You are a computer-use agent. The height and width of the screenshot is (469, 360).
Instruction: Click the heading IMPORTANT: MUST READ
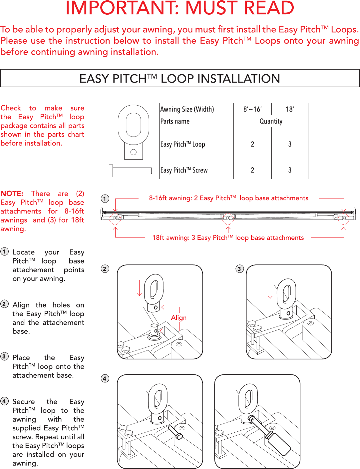point(180,9)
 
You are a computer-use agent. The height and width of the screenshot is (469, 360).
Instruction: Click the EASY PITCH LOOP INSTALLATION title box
point(180,79)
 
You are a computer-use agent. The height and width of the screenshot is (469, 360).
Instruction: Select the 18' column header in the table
point(290,109)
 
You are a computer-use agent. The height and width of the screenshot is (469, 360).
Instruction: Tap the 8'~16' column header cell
point(252,109)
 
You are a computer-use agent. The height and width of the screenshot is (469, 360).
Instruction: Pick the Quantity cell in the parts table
point(271,121)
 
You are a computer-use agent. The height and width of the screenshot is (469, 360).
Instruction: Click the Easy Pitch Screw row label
point(184,170)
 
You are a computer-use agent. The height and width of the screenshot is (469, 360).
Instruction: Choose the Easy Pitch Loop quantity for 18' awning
point(290,144)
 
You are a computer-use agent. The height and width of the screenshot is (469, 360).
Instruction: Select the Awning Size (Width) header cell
point(187,109)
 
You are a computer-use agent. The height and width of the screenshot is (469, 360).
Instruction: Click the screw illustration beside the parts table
point(131,171)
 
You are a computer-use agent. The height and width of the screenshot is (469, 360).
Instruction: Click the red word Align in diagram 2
point(179,317)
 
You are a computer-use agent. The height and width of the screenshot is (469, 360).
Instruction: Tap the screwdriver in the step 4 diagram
point(270,436)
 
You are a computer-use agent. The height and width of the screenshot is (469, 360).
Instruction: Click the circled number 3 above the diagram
point(239,269)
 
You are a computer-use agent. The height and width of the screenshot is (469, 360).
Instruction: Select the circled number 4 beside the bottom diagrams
point(105,378)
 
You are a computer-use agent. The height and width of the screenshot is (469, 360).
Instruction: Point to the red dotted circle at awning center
point(228,219)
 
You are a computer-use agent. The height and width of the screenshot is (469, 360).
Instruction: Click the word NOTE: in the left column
point(12,194)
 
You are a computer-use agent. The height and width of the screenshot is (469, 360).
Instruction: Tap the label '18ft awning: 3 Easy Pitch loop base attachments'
point(228,237)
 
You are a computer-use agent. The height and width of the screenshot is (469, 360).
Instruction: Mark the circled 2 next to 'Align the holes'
point(5,304)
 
